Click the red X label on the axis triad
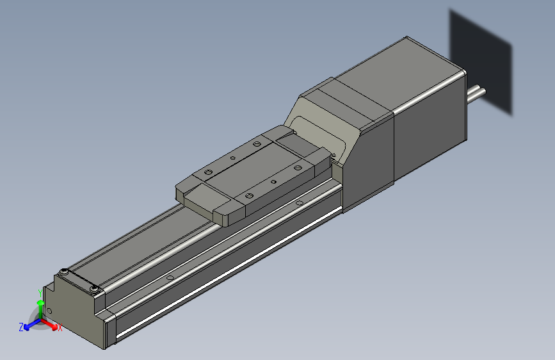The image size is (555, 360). (x=60, y=328)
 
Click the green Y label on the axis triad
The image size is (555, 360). (x=40, y=292)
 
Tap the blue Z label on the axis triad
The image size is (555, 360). (x=21, y=327)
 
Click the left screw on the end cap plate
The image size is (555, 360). (x=63, y=273)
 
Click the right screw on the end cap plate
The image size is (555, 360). (x=95, y=290)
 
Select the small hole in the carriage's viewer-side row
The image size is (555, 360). (x=273, y=182)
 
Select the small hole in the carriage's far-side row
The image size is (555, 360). (x=233, y=157)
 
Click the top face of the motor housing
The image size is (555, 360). (x=397, y=70)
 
